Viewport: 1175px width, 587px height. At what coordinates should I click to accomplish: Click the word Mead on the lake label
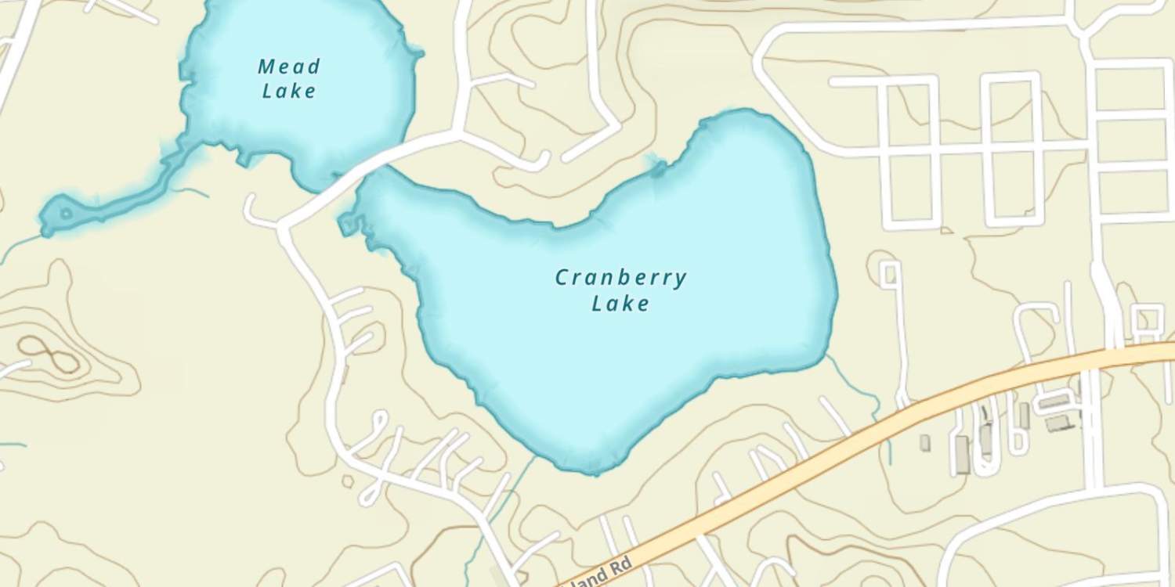point(288,67)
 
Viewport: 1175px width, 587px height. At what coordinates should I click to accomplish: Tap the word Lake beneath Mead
point(289,91)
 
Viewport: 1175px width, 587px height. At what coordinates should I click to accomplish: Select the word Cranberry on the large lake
point(620,278)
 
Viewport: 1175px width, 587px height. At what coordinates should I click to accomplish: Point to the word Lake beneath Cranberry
point(620,303)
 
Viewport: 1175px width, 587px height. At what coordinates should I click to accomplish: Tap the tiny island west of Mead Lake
point(66,213)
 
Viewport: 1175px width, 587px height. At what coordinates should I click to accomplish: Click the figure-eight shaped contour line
point(49,353)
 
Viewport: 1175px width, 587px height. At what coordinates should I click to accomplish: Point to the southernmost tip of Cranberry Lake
point(580,470)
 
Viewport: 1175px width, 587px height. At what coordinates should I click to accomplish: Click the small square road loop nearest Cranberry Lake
point(890,274)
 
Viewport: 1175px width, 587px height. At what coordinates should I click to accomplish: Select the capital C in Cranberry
point(562,278)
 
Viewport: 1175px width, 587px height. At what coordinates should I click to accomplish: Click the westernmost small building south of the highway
point(925,443)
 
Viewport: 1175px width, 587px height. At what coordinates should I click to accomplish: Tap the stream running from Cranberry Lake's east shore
point(862,391)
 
